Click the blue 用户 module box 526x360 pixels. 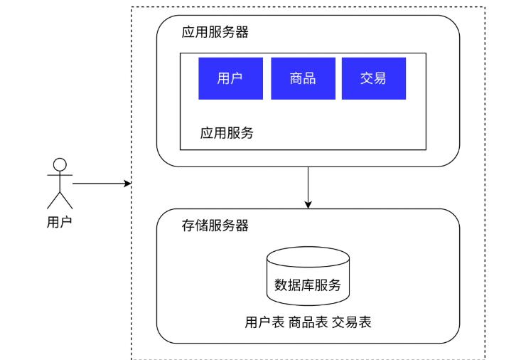click(230, 78)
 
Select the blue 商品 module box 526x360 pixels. click(303, 78)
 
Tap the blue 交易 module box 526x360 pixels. click(374, 78)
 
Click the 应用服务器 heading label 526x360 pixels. click(215, 32)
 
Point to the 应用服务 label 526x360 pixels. click(227, 133)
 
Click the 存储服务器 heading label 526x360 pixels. click(215, 226)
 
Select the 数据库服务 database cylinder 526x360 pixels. click(308, 276)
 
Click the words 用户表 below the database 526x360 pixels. click(264, 322)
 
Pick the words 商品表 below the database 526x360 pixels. click(308, 322)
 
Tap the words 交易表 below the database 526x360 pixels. click(352, 322)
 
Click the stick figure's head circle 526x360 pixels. click(60, 165)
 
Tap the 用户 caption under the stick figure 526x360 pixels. click(60, 222)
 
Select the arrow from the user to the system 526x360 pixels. click(102, 184)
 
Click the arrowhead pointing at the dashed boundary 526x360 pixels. click(128, 184)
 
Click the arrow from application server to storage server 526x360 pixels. click(308, 188)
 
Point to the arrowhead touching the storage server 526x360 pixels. click(308, 204)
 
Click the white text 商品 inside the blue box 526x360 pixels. click(303, 78)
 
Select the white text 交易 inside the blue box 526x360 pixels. click(373, 78)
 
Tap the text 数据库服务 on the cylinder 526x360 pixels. click(308, 285)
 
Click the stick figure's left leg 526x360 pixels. click(53, 201)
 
